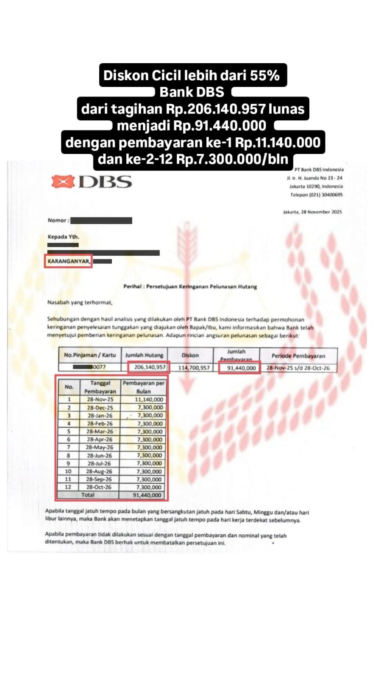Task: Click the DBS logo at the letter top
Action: click(x=91, y=182)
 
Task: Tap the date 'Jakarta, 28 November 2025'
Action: click(x=312, y=212)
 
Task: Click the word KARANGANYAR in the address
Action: click(x=69, y=261)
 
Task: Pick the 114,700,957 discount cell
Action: click(x=194, y=368)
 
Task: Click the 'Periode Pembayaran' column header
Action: click(x=298, y=356)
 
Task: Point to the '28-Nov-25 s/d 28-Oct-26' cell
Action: click(x=298, y=368)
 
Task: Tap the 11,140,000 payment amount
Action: click(x=149, y=399)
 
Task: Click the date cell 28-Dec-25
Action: click(x=100, y=407)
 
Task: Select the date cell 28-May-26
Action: click(x=100, y=447)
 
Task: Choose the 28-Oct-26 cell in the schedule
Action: click(x=100, y=487)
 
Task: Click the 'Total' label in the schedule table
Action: click(x=88, y=495)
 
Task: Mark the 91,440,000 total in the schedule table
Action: click(x=147, y=495)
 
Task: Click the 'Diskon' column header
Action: click(x=190, y=355)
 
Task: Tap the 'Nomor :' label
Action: click(x=58, y=220)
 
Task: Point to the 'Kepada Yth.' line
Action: click(x=63, y=237)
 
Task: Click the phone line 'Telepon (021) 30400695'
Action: click(x=316, y=195)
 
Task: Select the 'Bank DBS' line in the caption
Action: click(x=192, y=92)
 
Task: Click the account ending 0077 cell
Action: click(x=99, y=367)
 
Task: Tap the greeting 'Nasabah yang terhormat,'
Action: click(x=80, y=303)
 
